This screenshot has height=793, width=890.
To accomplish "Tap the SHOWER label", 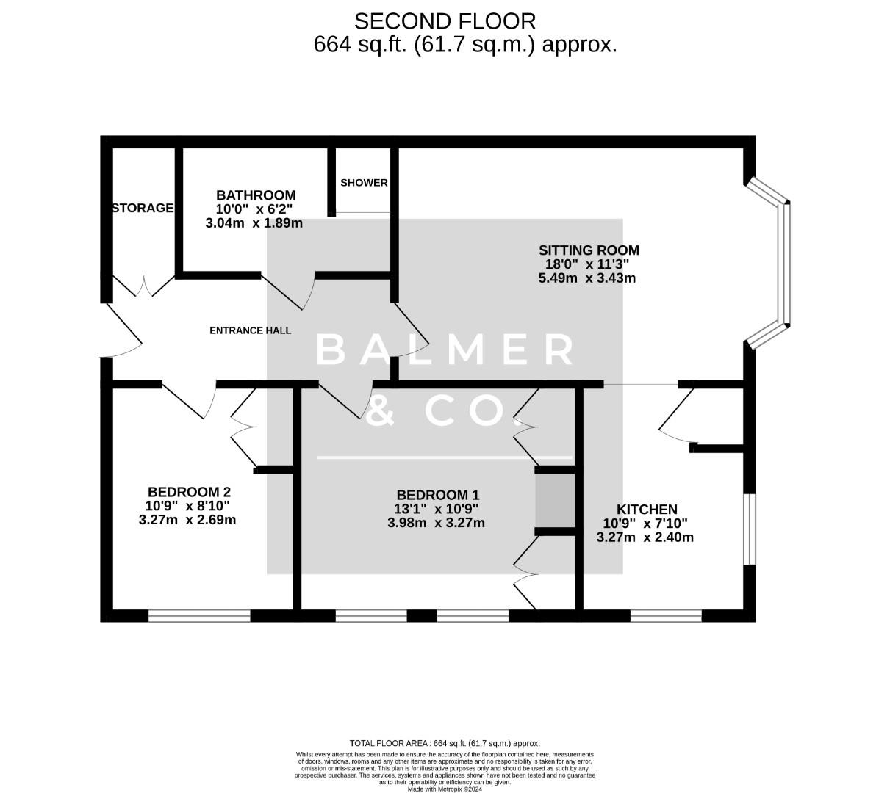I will tap(364, 183).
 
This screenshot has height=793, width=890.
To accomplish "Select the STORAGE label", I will tap(143, 209).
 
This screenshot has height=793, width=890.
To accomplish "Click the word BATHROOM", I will tap(256, 195).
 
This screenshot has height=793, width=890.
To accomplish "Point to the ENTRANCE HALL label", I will tap(250, 330).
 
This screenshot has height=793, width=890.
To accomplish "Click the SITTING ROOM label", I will tap(589, 250).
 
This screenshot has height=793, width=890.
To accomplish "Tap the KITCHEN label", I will tap(647, 510).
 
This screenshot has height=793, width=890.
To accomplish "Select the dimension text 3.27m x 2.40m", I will tap(645, 537).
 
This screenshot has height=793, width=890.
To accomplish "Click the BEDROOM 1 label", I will tap(437, 496).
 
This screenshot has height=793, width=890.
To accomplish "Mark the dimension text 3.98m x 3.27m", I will tap(436, 524).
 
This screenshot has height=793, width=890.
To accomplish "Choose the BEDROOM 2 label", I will tap(190, 492).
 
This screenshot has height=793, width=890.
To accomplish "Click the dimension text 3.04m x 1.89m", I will tap(254, 223).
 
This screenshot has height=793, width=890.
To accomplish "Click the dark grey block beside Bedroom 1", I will tap(555, 501).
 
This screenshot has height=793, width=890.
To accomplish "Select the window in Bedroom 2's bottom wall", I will tap(199, 615).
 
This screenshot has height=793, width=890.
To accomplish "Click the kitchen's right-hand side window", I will tap(749, 529).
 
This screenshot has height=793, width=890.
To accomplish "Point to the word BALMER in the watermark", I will tap(445, 350).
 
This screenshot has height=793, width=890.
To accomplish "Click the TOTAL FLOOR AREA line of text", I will tap(445, 744).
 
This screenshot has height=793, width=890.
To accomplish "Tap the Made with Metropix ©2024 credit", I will tap(445, 789).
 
